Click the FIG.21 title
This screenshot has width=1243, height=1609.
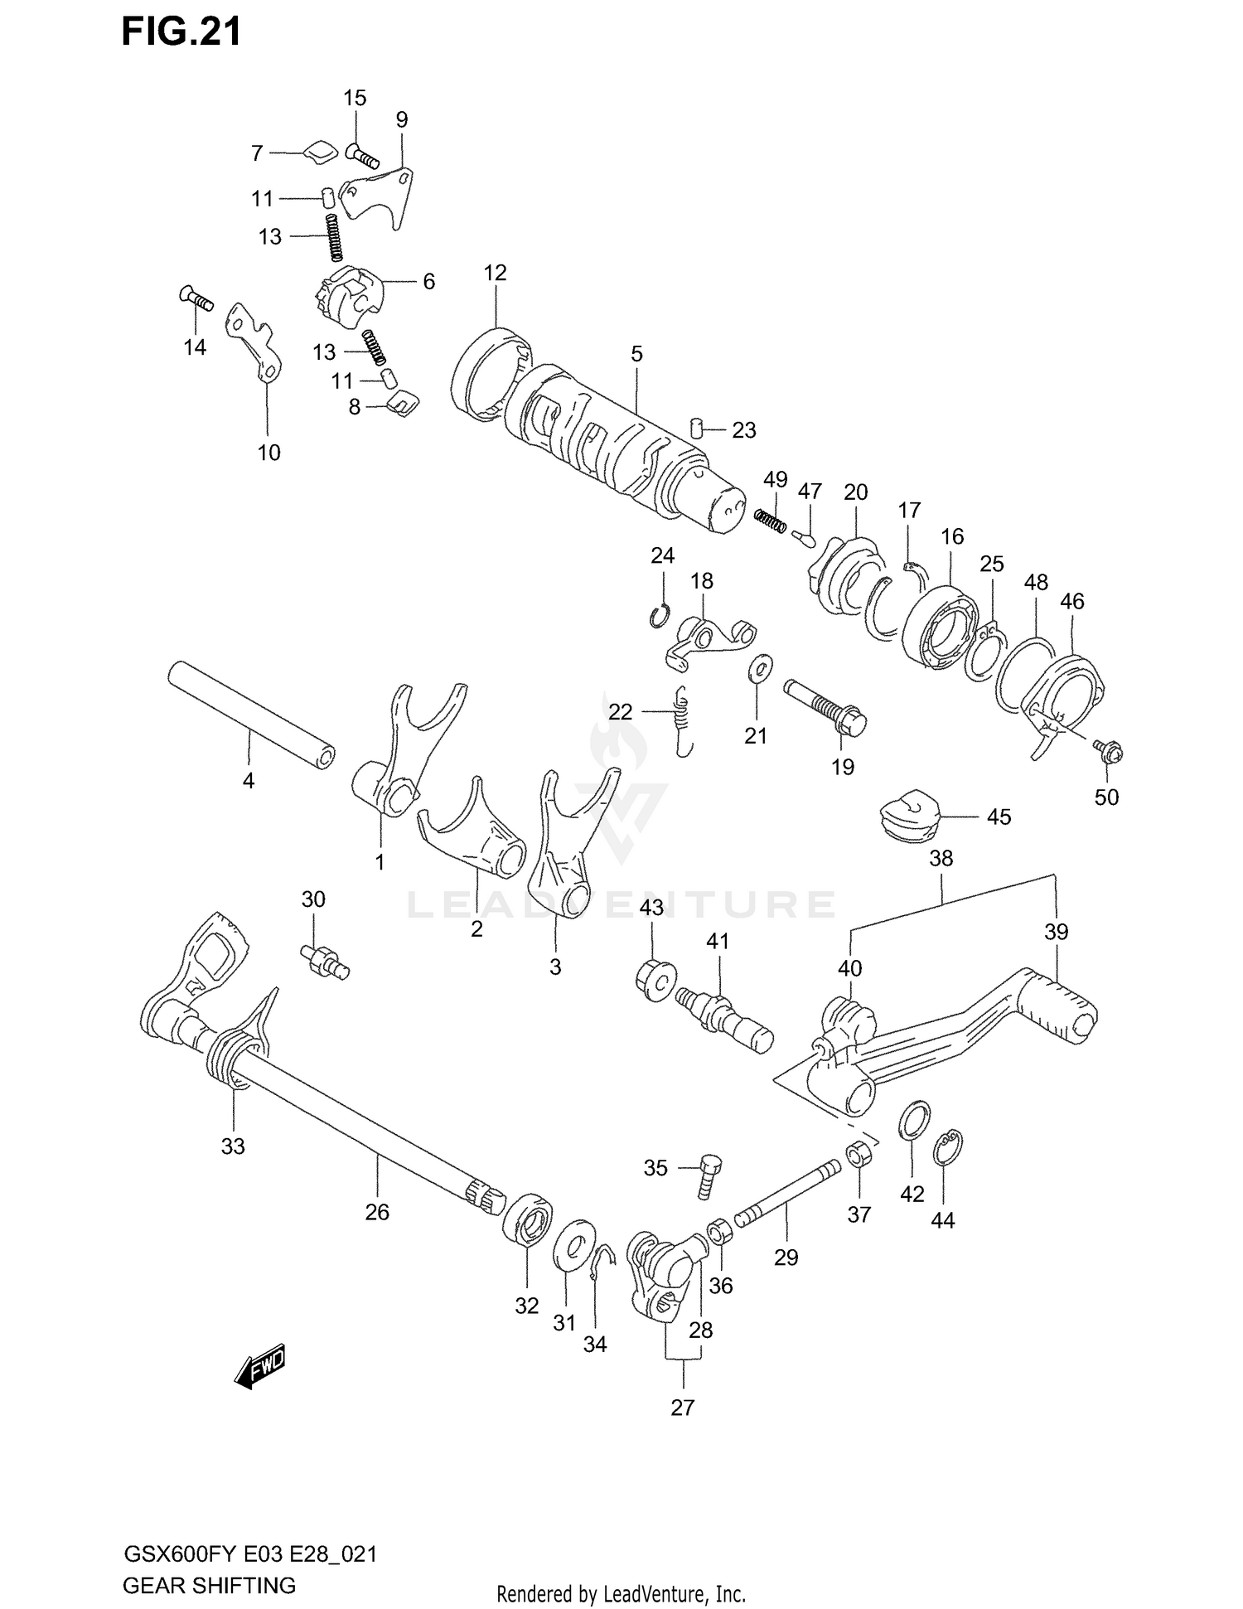click(181, 32)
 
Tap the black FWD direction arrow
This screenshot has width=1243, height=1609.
click(260, 1365)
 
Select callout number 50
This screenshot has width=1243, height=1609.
click(1106, 797)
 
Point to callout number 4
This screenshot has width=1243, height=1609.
click(248, 780)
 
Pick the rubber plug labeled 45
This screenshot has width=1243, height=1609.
click(907, 812)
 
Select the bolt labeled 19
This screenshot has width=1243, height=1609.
click(825, 703)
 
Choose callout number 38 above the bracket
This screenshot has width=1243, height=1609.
click(941, 858)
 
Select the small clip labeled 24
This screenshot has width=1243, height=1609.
click(660, 615)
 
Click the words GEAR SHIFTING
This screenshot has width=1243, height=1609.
click(209, 1586)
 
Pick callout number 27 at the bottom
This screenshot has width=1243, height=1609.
click(682, 1407)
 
